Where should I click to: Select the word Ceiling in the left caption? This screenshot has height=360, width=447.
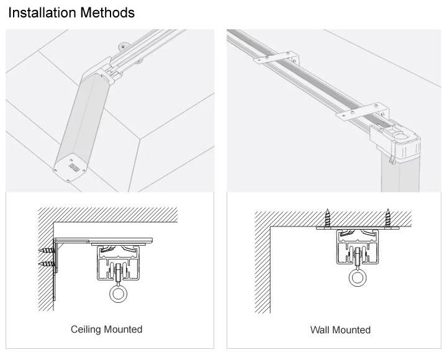pyautogui.click(x=86, y=329)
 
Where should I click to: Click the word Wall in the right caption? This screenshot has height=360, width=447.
pyautogui.click(x=321, y=330)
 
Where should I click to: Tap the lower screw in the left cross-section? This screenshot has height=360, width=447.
pyautogui.click(x=47, y=264)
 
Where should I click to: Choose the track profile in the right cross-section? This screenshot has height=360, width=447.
pyautogui.click(x=357, y=245)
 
